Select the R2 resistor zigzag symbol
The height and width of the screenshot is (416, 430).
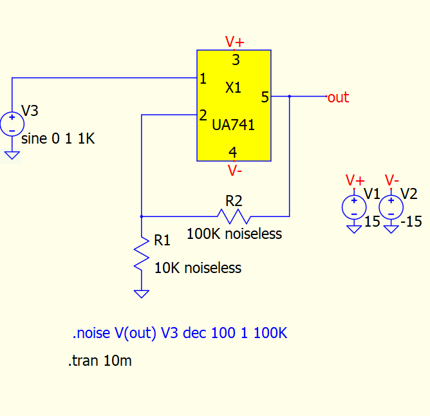pyautogui.click(x=234, y=216)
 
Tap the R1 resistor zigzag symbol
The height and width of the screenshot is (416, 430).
pyautogui.click(x=142, y=254)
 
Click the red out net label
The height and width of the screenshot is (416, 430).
pyautogui.click(x=339, y=97)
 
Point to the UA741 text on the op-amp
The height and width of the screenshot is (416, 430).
pyautogui.click(x=234, y=125)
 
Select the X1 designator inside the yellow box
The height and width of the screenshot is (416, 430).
pyautogui.click(x=233, y=88)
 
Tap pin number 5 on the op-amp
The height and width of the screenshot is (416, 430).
pyautogui.click(x=265, y=97)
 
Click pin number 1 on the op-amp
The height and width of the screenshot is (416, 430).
pyautogui.click(x=203, y=79)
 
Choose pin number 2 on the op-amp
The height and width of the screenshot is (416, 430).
pyautogui.click(x=203, y=115)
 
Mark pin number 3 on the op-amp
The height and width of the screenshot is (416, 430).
pyautogui.click(x=236, y=60)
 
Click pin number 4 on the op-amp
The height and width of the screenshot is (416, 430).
pyautogui.click(x=233, y=152)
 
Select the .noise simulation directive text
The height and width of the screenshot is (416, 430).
pyautogui.click(x=180, y=333)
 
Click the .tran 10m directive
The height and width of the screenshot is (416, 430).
pyautogui.click(x=100, y=361)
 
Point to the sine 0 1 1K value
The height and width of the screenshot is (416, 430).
pyautogui.click(x=58, y=138)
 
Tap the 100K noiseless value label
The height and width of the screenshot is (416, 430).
pyautogui.click(x=234, y=234)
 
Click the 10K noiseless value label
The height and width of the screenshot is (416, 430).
pyautogui.click(x=198, y=268)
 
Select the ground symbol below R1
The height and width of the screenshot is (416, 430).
pyautogui.click(x=142, y=294)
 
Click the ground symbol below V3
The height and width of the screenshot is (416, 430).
pyautogui.click(x=12, y=155)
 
